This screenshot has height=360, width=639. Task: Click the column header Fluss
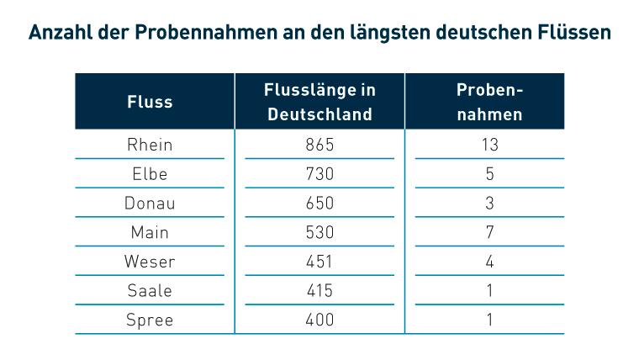pos(150,102)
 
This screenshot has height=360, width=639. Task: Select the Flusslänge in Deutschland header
pos(319,102)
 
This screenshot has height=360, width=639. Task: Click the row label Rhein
pos(150,145)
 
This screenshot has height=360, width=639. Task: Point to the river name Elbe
pos(150,174)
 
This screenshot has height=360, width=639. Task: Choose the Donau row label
pos(150,204)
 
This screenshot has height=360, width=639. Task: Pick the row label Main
pos(150,232)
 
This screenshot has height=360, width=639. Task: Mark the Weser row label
pos(150,262)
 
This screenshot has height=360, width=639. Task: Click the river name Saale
pos(150,290)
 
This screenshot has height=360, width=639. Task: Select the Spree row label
pos(150,320)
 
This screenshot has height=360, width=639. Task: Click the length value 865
pos(319,145)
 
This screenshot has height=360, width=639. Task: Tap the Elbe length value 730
pos(319,174)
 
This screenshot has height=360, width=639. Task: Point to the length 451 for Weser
pos(319,262)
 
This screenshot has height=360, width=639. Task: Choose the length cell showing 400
pos(319,320)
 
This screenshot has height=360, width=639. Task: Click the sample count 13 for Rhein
pos(489,145)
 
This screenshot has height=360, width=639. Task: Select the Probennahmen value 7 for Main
pos(489,232)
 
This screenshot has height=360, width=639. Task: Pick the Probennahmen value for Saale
pos(489,290)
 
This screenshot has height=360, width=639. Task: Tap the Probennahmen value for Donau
pos(489,204)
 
